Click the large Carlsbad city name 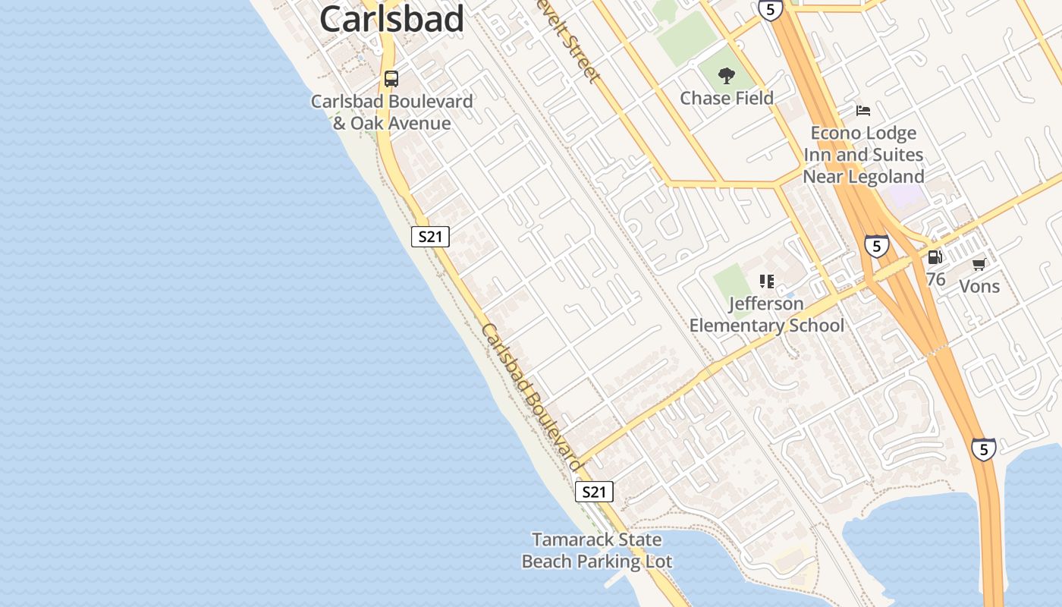click(391, 18)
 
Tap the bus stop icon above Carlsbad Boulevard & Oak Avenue click(391, 78)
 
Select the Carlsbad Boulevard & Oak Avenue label click(391, 112)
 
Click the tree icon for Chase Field click(727, 75)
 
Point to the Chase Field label click(727, 98)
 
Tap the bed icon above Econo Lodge click(863, 111)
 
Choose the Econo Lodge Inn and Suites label click(863, 155)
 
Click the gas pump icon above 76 click(935, 257)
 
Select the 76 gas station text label click(935, 279)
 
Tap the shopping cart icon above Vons click(979, 264)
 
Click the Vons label click(979, 286)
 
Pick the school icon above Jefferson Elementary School click(767, 281)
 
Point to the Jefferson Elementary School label click(767, 315)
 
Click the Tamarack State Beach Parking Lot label click(597, 551)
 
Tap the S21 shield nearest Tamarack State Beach click(594, 492)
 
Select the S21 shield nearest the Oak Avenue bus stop click(430, 237)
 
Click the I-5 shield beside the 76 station click(877, 246)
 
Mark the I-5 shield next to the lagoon click(984, 449)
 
